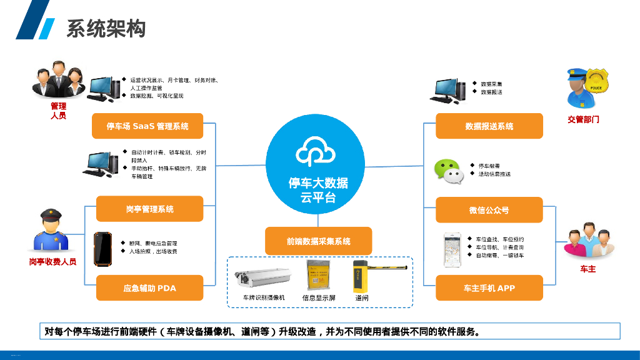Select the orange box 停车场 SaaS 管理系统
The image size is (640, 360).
147,126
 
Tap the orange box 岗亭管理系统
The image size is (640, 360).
150,209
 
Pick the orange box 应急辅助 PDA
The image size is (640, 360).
150,288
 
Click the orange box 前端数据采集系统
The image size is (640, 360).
319,241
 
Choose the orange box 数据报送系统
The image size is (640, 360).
489,126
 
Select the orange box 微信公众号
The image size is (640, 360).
489,210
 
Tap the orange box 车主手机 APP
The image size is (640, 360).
489,288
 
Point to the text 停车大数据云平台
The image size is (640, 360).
318,190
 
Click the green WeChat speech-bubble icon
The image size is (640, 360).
449,171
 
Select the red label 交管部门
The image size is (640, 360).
583,119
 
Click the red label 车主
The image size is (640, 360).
588,269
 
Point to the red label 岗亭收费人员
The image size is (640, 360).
53,262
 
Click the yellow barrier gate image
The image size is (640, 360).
375,275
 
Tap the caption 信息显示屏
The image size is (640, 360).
318,298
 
